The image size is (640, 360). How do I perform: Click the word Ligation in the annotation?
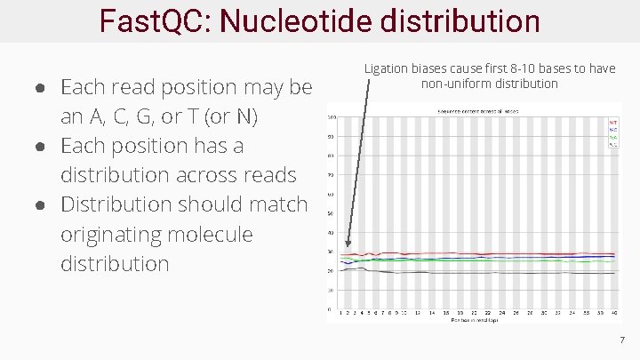388,68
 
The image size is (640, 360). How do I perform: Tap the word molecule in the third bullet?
212,234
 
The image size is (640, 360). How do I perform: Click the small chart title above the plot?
477,111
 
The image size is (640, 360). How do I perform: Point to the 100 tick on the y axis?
331,117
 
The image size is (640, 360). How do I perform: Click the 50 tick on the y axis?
332,213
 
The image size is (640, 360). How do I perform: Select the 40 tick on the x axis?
613,314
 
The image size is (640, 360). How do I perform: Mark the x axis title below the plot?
475,321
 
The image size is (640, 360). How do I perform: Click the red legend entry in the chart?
612,122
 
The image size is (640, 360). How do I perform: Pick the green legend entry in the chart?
612,138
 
